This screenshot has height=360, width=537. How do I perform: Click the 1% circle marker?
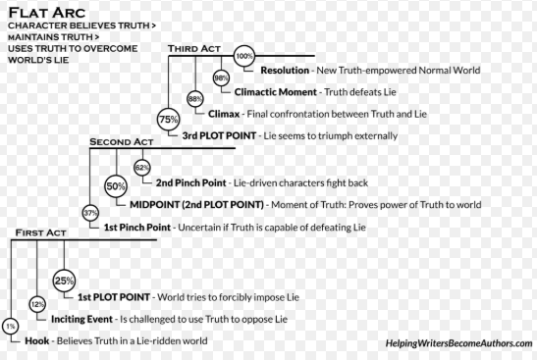(11, 327)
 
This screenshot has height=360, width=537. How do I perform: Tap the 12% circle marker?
(37, 304)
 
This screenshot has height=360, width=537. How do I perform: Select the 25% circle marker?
(64, 281)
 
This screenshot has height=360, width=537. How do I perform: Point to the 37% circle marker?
(90, 213)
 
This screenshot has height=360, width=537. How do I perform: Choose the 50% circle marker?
(116, 186)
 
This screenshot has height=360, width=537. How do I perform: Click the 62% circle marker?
(142, 168)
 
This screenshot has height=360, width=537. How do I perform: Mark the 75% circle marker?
(169, 119)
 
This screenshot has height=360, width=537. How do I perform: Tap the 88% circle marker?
(195, 99)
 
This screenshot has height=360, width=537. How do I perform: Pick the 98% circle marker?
(221, 78)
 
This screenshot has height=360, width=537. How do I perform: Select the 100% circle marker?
(244, 56)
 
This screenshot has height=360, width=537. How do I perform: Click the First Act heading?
(41, 232)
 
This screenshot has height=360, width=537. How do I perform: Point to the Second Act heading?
(122, 141)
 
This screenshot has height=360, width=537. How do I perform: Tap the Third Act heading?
(194, 49)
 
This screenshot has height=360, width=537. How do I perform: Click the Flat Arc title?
(46, 13)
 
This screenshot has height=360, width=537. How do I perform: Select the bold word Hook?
(37, 340)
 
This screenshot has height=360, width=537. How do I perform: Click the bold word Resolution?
(285, 71)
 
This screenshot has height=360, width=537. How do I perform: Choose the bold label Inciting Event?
(81, 319)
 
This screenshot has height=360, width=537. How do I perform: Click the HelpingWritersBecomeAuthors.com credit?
(458, 343)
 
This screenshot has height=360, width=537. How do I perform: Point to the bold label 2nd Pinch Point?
(191, 182)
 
